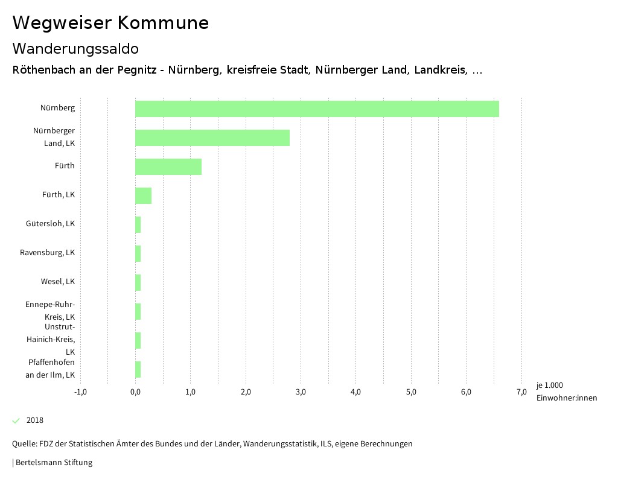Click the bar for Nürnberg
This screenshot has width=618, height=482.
[x=317, y=109]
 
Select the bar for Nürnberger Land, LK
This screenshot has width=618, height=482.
[x=212, y=138]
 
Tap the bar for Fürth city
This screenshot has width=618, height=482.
[x=168, y=166]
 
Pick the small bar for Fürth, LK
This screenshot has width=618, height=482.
[x=143, y=195]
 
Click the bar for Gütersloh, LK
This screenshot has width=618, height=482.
[x=138, y=224]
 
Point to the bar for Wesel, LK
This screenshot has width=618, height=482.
[x=138, y=282]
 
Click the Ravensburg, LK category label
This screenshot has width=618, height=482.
[x=48, y=253]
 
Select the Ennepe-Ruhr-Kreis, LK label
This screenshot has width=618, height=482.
[x=50, y=311]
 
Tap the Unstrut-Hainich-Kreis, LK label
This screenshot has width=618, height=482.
[x=51, y=339]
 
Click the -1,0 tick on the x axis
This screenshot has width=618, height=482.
[x=80, y=392]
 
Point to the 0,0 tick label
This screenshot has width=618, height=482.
[x=135, y=392]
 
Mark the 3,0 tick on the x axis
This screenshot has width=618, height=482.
[x=301, y=392]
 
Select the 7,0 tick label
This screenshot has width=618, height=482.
[x=521, y=392]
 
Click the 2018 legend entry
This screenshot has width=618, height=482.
[x=35, y=420]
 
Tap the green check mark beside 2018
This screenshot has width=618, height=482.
[x=16, y=420]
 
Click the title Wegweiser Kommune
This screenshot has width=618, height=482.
[x=110, y=23]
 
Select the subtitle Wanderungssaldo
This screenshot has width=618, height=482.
[x=75, y=48]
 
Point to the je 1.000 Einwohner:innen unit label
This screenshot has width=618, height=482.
[x=566, y=392]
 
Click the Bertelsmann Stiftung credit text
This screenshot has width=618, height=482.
[x=53, y=463]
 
